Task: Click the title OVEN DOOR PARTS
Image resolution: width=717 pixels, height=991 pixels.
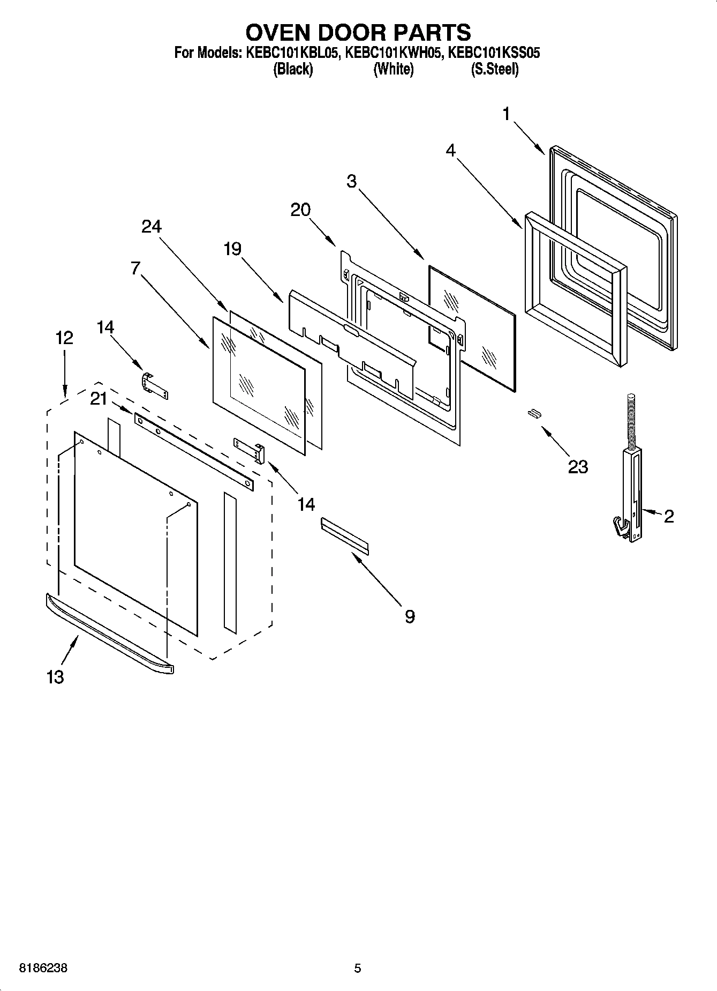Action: [x=358, y=33]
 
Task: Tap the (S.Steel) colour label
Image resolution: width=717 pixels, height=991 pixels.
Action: [x=494, y=69]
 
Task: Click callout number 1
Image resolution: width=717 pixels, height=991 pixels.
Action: [x=507, y=114]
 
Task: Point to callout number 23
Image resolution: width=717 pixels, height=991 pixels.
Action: [x=578, y=466]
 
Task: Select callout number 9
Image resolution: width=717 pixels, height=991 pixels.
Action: [x=410, y=616]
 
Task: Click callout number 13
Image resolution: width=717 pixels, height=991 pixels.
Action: [x=55, y=677]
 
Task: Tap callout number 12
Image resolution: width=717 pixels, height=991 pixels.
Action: [x=64, y=338]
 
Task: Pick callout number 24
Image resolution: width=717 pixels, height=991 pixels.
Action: [x=152, y=226]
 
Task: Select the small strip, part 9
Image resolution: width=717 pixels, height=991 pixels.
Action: [x=345, y=535]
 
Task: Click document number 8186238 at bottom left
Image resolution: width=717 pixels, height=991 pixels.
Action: [x=43, y=968]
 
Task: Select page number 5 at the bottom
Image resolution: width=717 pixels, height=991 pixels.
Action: [x=358, y=968]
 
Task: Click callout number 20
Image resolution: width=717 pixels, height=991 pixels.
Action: [x=300, y=210]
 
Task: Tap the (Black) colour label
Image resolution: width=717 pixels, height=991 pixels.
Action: [x=293, y=69]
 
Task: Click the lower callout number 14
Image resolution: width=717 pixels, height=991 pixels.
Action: [x=306, y=504]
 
